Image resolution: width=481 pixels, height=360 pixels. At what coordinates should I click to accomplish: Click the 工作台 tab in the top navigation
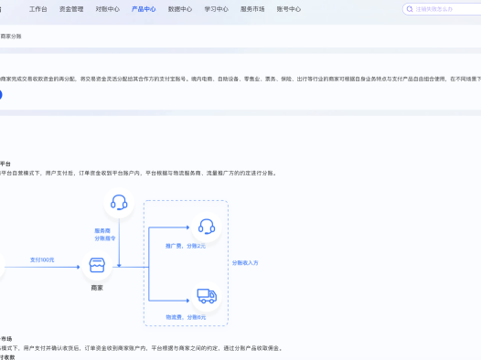point(37,8)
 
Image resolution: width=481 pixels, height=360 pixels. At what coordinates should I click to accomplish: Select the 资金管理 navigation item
point(71,8)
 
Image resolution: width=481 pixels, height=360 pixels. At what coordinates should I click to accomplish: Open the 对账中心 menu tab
point(107,8)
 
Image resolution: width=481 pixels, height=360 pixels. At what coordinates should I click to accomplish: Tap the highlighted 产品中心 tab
point(144,8)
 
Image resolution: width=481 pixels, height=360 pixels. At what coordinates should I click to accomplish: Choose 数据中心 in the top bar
point(180,8)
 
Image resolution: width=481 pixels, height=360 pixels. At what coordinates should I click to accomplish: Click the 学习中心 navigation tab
point(216,8)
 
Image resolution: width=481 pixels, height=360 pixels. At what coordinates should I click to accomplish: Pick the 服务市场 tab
point(252,8)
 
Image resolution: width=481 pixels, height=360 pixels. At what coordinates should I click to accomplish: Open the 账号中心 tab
point(288,8)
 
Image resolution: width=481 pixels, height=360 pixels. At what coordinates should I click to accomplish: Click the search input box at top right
point(444,9)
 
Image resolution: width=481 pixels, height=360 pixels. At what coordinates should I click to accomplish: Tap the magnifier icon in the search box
point(410,9)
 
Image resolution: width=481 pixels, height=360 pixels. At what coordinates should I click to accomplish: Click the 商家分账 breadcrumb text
point(11,36)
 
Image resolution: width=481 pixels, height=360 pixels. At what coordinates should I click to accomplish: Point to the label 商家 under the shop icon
point(97,288)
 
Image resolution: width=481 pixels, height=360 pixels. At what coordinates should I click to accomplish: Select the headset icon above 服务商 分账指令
point(118,203)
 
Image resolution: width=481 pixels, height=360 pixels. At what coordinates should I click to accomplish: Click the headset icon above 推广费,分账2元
point(206,227)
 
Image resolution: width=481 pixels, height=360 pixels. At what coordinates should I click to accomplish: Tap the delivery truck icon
point(206,296)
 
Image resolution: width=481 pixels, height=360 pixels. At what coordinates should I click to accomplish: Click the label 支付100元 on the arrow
point(42,260)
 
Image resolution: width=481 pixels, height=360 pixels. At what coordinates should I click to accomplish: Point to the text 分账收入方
point(245,262)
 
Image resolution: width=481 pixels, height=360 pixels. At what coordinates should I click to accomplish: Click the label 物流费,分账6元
point(186,316)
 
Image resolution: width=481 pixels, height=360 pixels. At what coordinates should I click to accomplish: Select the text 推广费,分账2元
point(186,246)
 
